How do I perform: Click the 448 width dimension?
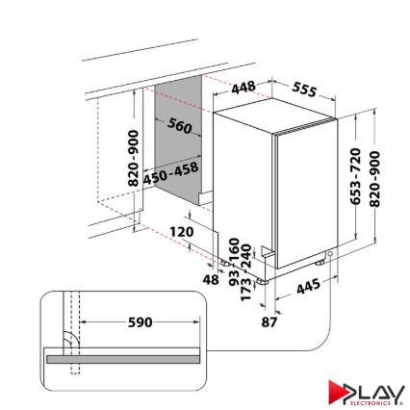[x=243, y=87]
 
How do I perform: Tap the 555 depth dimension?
[x=304, y=90]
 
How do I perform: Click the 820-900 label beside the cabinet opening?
[x=133, y=160]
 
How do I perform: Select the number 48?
[x=211, y=279]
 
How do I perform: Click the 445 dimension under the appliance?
[x=308, y=285]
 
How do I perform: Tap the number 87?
[x=269, y=320]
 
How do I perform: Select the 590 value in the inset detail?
[x=141, y=321]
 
